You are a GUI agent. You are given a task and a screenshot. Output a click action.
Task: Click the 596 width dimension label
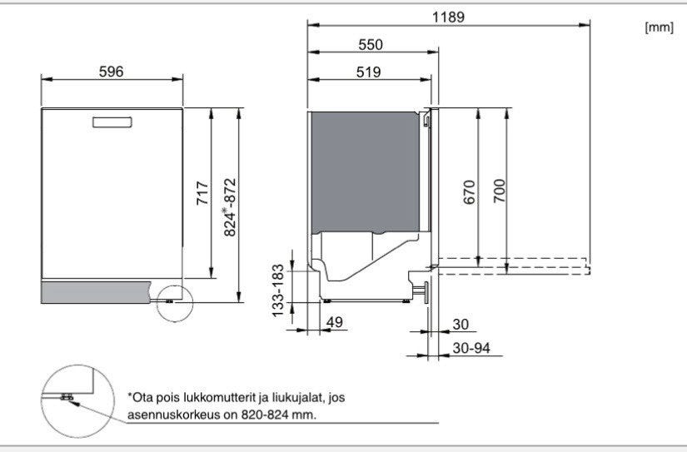tap(112, 72)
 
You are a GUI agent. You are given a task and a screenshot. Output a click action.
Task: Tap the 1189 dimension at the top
tap(448, 17)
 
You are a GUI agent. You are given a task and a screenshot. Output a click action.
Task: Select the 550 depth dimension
tap(371, 45)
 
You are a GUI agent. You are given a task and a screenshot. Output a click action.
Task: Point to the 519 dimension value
tap(368, 72)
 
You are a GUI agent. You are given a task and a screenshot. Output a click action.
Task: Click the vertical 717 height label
tap(202, 193)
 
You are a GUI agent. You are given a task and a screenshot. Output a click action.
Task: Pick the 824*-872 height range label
tap(230, 207)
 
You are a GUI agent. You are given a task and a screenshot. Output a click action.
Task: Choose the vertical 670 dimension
tap(470, 192)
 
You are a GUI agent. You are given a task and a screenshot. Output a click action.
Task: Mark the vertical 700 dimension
tap(499, 191)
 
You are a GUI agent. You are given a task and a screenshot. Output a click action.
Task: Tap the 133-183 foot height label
tap(278, 291)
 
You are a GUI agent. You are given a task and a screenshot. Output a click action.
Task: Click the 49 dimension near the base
tap(335, 322)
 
